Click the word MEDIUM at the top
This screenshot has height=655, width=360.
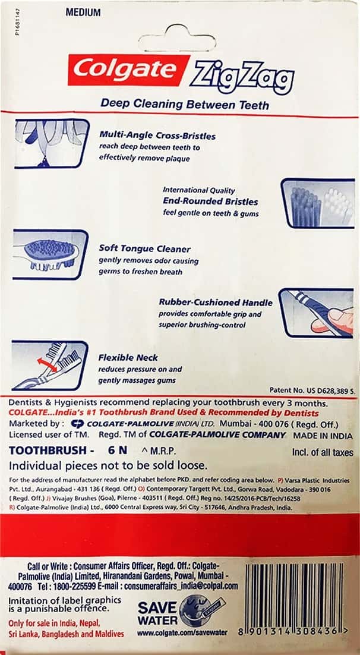pos(83,12)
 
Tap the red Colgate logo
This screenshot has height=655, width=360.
pos(129,70)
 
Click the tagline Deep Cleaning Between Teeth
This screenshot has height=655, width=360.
pos(185,105)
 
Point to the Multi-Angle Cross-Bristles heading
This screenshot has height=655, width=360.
pos(157,136)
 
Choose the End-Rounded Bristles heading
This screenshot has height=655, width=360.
pos(210,201)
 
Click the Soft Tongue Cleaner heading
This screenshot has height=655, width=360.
pos(144,250)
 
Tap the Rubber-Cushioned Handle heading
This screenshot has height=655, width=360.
pos(216,302)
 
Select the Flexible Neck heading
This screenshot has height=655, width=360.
pos(128,358)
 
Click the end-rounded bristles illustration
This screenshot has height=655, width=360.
pos(317,203)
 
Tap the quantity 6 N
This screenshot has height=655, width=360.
pos(117,452)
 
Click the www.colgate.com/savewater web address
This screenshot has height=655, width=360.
pos(182,632)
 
